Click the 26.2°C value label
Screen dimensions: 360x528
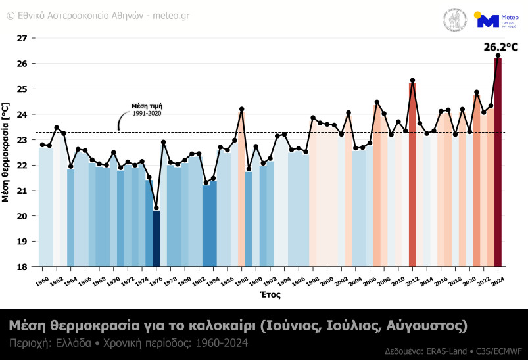[501, 47]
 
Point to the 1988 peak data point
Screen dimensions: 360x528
[241, 109]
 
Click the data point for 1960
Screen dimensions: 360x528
[42, 145]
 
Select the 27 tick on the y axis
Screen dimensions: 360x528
[22, 38]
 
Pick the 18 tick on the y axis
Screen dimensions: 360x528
[22, 267]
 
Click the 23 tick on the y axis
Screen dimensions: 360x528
[22, 140]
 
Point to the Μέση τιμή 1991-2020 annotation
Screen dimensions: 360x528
[147, 109]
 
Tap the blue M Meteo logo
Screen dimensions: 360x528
[488, 20]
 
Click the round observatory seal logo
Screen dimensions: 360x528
[454, 20]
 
